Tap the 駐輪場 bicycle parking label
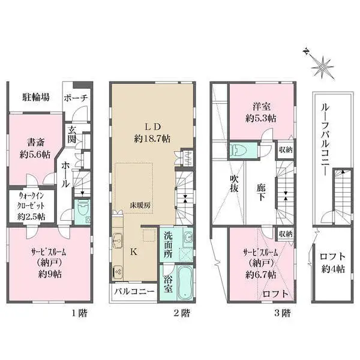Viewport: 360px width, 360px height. (x=36, y=97)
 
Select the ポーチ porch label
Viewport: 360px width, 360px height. (x=76, y=98)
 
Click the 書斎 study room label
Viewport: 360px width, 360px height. (x=35, y=142)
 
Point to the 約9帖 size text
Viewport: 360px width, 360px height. (x=50, y=274)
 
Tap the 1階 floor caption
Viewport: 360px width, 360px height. (x=79, y=313)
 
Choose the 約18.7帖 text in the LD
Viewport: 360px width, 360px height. (x=152, y=139)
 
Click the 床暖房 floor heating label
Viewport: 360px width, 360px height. (x=140, y=205)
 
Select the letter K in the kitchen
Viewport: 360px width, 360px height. (x=134, y=252)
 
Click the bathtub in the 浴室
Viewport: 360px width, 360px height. (x=185, y=283)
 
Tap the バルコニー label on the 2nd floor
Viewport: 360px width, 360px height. (x=134, y=292)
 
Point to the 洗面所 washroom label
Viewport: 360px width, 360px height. (x=168, y=244)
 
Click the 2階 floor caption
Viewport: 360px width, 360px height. (x=182, y=313)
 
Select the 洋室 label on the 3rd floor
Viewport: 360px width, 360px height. (x=262, y=107)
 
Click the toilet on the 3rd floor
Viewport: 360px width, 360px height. (x=239, y=150)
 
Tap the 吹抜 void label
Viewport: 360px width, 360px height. (x=234, y=184)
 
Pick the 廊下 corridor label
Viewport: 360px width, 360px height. (x=261, y=193)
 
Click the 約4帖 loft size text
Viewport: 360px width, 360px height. (x=332, y=269)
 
